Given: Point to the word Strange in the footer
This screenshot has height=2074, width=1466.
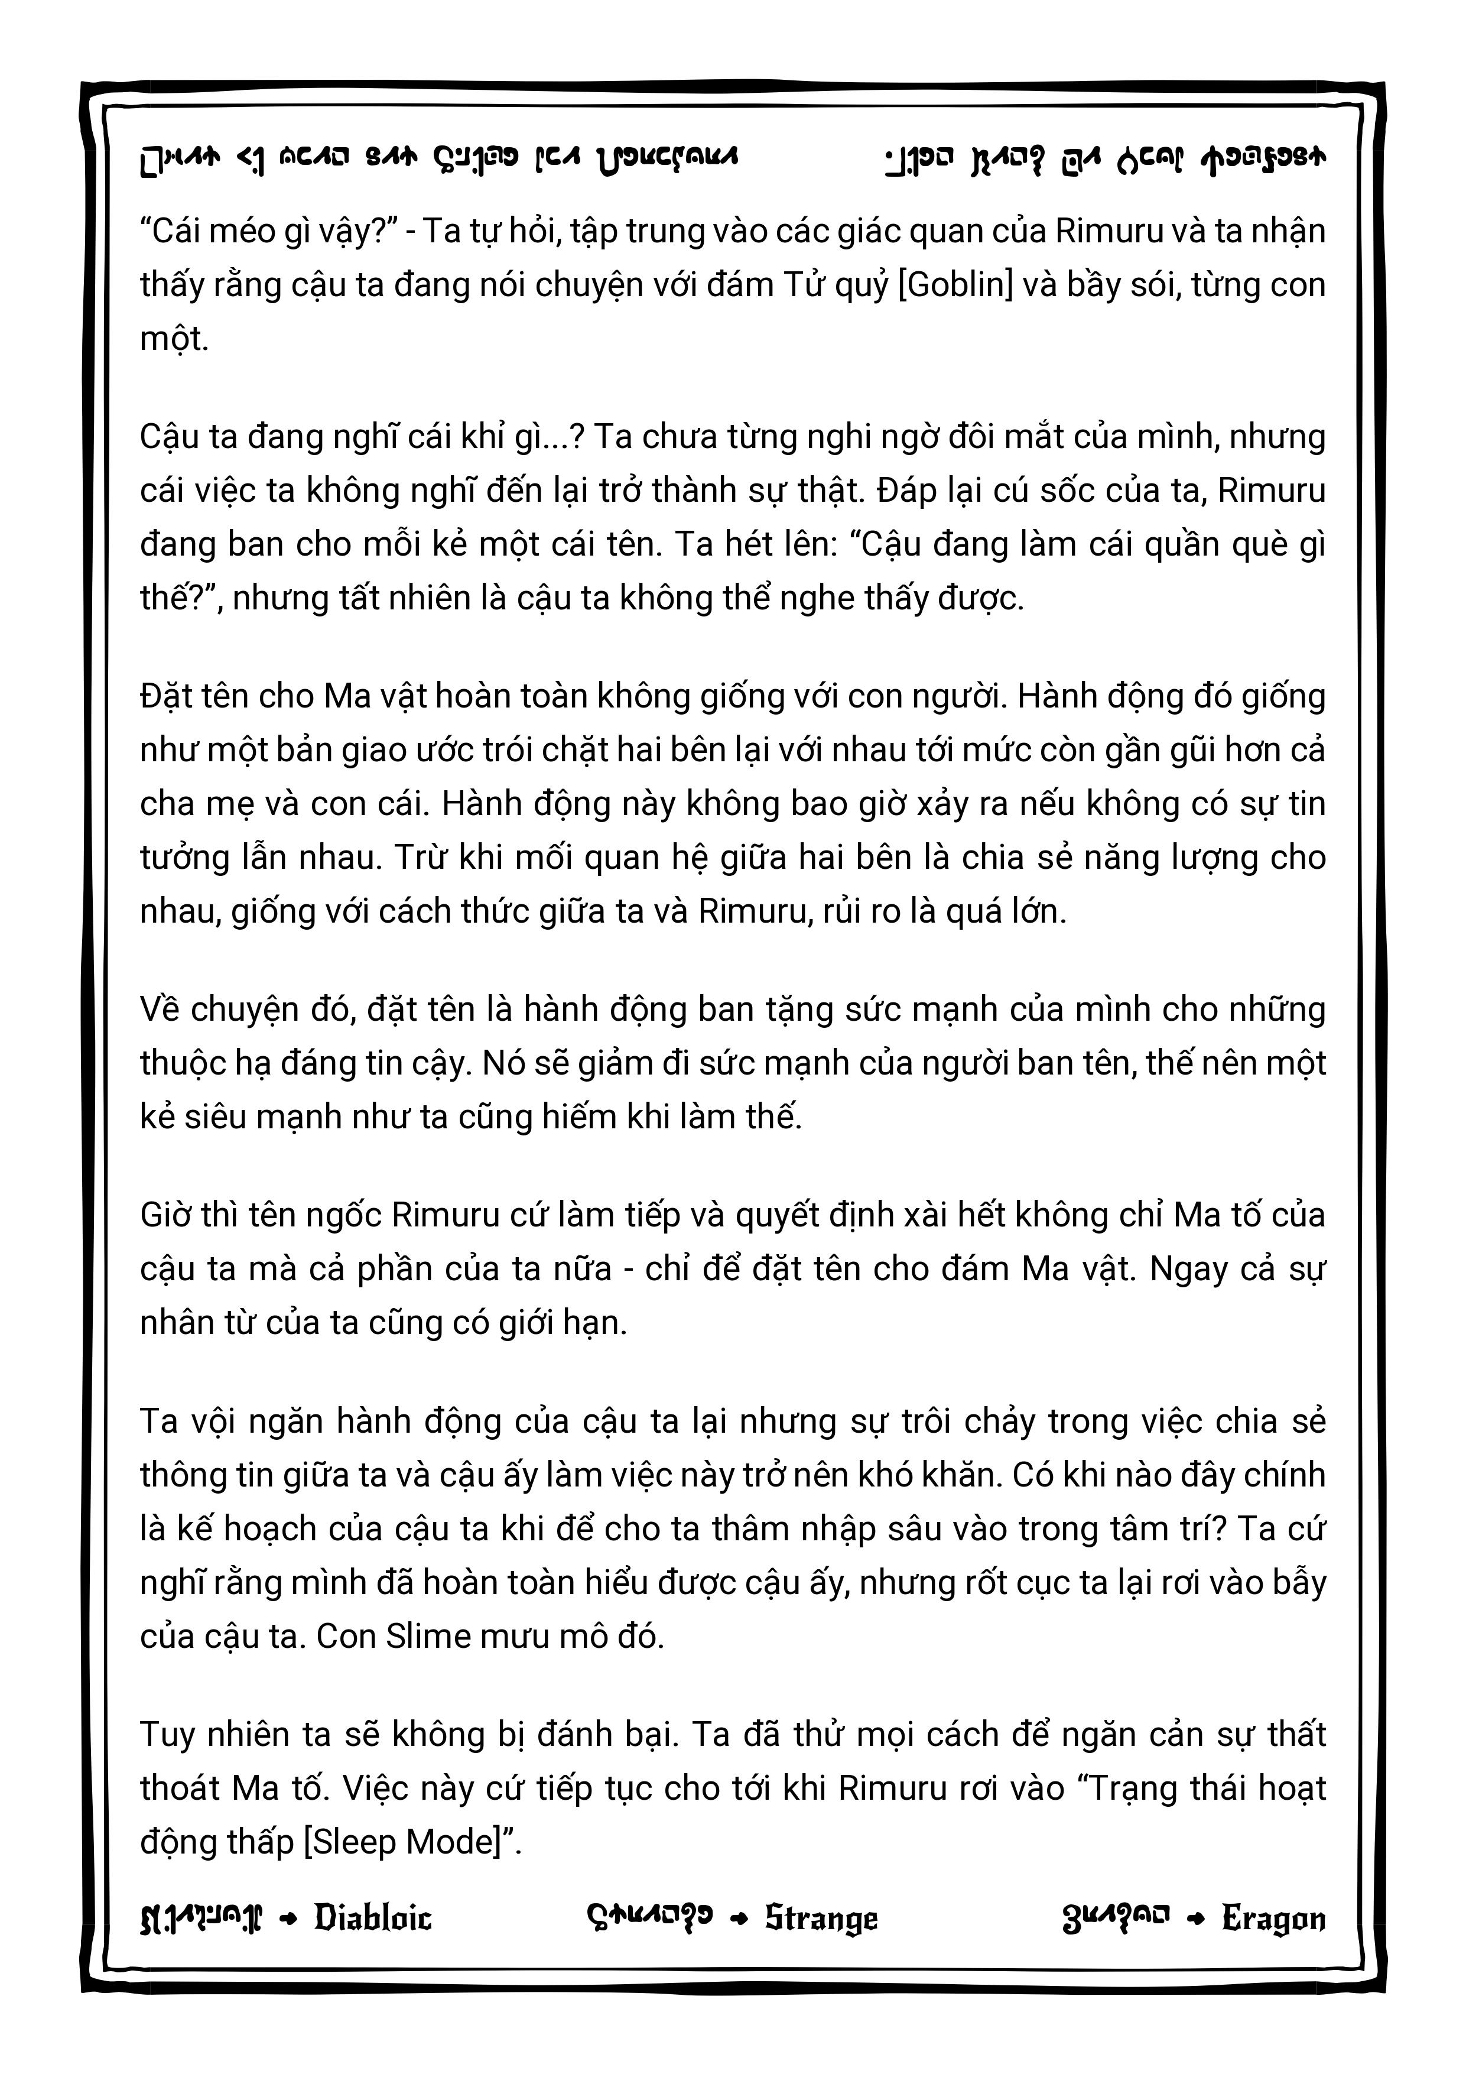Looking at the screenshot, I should tap(821, 1918).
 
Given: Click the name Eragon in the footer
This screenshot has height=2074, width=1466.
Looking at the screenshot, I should tap(1273, 1918).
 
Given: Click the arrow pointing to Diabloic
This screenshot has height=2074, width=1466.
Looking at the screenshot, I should tap(288, 1919).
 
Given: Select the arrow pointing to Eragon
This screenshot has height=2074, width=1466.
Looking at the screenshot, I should tap(1196, 1919).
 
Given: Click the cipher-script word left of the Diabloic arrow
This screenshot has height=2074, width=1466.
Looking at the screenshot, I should tap(200, 1919).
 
